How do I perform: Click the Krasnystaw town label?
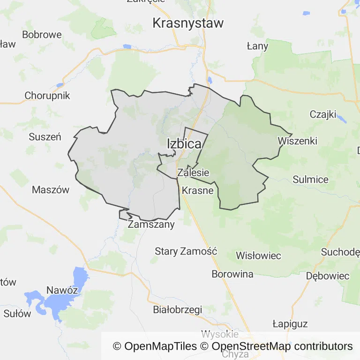(188, 22)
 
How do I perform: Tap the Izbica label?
(184, 144)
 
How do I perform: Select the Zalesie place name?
(193, 172)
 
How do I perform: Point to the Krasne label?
(197, 190)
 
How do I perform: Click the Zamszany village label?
(151, 224)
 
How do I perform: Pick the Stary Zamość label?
(186, 251)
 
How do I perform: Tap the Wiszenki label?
(297, 141)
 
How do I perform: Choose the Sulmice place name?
(310, 179)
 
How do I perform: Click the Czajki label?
(321, 114)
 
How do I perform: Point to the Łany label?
(257, 46)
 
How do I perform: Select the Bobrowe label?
(42, 34)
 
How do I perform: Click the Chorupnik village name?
(47, 96)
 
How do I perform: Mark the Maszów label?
(51, 190)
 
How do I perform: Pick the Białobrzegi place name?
(177, 309)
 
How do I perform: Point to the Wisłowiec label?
(258, 255)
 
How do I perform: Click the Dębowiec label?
(328, 276)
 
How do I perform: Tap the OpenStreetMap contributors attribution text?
(282, 346)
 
